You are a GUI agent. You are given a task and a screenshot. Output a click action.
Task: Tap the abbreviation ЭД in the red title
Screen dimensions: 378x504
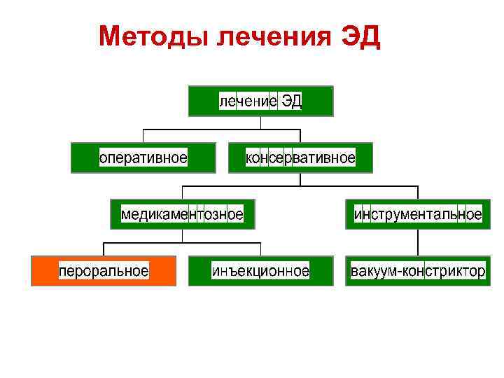[360, 36]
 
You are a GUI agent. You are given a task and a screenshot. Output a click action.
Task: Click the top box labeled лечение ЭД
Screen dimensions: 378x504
[261, 101]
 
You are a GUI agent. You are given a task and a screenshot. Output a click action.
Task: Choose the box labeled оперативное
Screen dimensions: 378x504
[143, 157]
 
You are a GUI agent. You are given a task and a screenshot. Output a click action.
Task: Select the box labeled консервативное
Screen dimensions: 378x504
[300, 157]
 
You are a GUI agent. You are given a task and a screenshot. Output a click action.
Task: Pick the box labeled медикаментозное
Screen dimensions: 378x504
[182, 214]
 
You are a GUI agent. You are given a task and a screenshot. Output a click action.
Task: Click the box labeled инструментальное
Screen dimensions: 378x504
[418, 214]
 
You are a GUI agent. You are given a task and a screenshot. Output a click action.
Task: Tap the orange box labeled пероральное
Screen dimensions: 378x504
[103, 271]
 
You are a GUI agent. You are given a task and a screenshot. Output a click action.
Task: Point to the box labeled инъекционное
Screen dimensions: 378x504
[260, 271]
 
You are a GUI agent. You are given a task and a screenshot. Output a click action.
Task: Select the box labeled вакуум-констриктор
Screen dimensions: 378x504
[418, 271]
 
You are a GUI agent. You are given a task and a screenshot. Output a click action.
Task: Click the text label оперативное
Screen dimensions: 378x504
[143, 157]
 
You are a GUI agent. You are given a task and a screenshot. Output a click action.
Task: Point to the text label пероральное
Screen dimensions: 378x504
[103, 271]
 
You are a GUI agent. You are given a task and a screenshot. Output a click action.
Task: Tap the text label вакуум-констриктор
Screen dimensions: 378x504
[418, 271]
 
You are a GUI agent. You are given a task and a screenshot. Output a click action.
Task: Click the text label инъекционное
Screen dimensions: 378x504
[260, 271]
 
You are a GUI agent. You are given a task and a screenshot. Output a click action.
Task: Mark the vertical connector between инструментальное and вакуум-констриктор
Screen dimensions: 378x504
[418, 242]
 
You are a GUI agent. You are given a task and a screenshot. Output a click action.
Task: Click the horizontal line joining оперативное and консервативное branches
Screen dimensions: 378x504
[221, 129]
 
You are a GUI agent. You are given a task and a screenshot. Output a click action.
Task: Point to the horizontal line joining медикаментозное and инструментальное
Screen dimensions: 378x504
[300, 186]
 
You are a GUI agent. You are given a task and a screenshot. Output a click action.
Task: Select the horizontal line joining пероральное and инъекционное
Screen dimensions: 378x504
[182, 243]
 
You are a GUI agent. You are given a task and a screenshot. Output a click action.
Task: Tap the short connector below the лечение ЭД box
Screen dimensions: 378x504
[261, 122]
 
